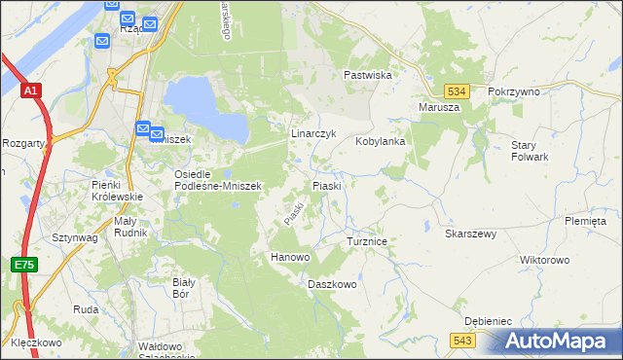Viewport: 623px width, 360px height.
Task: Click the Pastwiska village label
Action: (x=367, y=75)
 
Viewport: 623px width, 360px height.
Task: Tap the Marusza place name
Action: (x=438, y=107)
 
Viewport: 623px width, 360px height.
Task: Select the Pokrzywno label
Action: (x=514, y=90)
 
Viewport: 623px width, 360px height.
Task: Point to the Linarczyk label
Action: (x=313, y=133)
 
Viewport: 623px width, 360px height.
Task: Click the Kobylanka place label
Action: (x=380, y=141)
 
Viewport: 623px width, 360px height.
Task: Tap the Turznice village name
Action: (x=368, y=240)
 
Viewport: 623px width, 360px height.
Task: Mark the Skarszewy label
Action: (x=470, y=234)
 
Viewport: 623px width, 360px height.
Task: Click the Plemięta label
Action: (x=585, y=221)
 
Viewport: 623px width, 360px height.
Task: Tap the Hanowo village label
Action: (x=289, y=257)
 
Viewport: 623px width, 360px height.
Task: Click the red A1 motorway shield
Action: (x=31, y=91)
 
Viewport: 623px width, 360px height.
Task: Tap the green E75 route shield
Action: (x=23, y=265)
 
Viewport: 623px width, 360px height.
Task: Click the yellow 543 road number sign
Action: (x=462, y=339)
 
